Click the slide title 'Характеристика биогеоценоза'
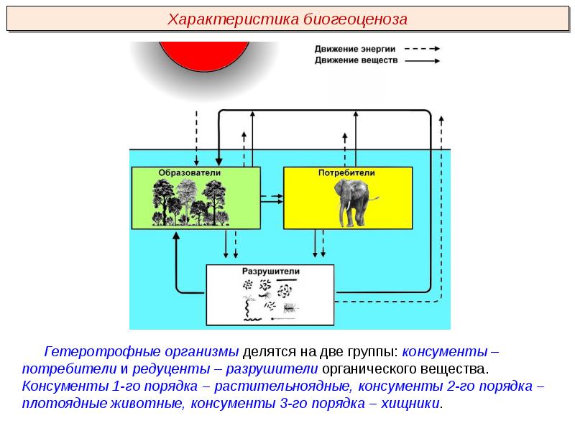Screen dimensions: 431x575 pyautogui.click(x=287, y=19)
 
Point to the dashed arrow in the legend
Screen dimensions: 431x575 pyautogui.click(x=422, y=49)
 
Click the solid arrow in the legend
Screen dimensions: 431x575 pyautogui.click(x=422, y=60)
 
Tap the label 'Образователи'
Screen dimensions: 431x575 pyautogui.click(x=190, y=173)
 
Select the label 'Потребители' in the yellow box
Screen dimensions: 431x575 pyautogui.click(x=346, y=173)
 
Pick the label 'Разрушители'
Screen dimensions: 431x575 pyautogui.click(x=271, y=272)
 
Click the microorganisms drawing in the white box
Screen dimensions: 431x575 pyautogui.click(x=270, y=299)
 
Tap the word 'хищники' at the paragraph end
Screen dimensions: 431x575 pyautogui.click(x=412, y=404)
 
